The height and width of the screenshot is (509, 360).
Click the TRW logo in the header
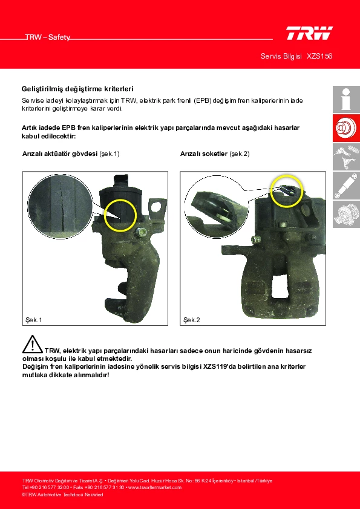(x=309, y=33)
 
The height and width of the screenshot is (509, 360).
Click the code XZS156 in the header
(x=319, y=56)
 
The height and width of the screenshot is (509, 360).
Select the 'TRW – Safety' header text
(x=48, y=37)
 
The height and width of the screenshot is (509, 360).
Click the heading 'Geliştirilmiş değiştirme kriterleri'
(x=77, y=89)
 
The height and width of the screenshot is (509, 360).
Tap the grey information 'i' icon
(x=346, y=99)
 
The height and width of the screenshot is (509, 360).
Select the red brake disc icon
(x=346, y=128)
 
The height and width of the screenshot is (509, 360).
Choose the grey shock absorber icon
(x=346, y=186)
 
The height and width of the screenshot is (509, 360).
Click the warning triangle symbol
(x=33, y=344)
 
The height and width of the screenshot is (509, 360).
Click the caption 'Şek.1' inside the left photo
(x=34, y=320)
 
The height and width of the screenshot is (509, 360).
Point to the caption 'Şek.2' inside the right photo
(x=192, y=320)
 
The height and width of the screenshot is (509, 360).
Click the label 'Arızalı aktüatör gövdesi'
(x=60, y=154)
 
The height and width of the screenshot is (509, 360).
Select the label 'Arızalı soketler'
(x=204, y=154)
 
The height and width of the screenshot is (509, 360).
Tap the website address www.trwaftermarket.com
(x=155, y=488)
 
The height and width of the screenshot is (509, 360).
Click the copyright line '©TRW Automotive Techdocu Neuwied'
(x=62, y=494)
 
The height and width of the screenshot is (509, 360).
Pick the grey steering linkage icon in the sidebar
(x=346, y=157)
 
